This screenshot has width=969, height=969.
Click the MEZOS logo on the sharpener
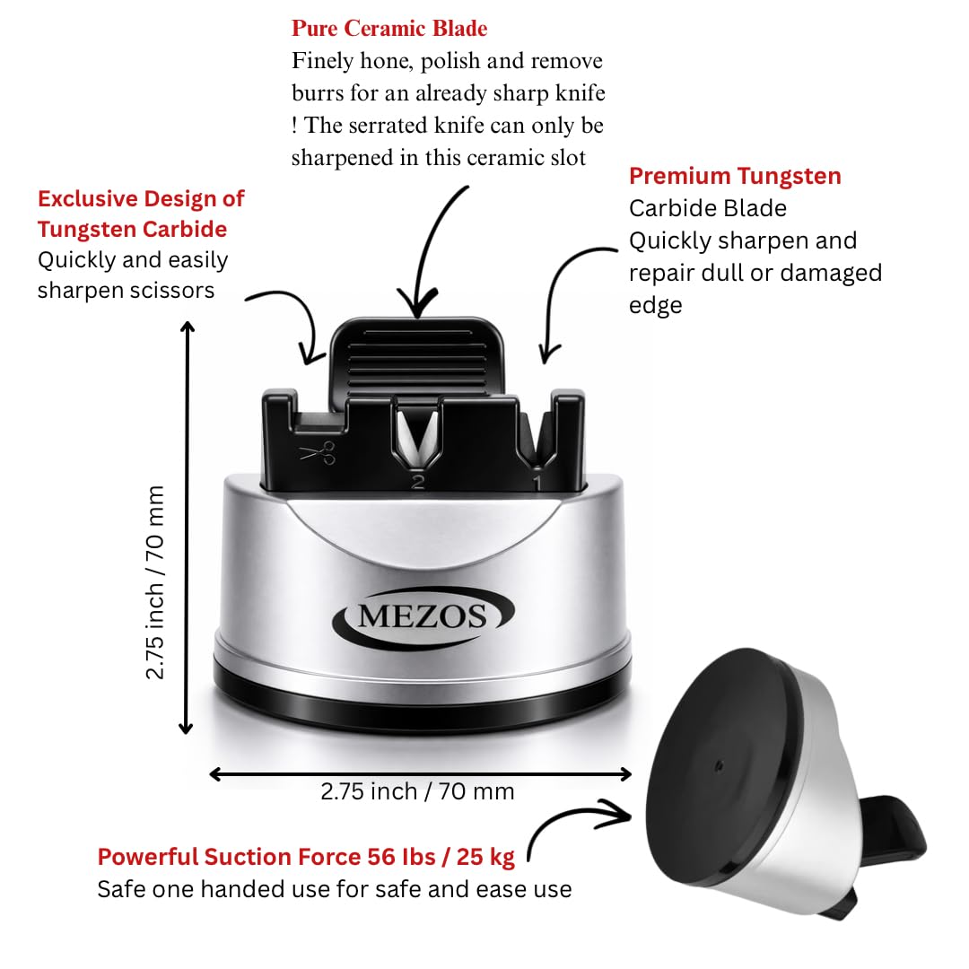423,616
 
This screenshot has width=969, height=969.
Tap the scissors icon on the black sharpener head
318,452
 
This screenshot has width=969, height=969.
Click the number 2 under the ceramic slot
418,482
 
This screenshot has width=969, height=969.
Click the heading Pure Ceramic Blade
389,29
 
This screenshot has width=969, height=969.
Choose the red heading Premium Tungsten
735,176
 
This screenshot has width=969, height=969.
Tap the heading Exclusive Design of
141,198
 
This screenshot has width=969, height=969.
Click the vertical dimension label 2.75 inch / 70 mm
154,582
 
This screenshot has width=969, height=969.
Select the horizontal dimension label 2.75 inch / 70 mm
417,791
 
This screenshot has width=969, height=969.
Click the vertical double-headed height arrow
187,528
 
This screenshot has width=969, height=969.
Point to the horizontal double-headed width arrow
420,774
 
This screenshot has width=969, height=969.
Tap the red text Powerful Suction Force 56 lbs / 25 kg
306,857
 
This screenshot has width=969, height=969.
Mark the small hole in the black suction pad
719,766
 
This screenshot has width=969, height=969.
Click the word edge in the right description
656,305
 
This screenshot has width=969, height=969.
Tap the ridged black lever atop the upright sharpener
418,358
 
